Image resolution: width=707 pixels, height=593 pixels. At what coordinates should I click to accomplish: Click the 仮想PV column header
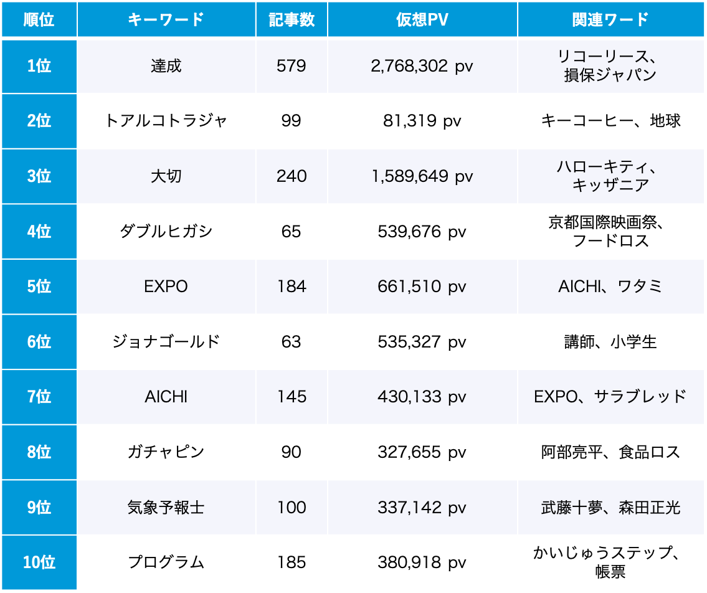(422, 19)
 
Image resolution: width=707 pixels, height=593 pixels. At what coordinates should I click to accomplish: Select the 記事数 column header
(291, 19)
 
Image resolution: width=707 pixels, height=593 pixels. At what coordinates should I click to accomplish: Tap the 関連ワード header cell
(610, 19)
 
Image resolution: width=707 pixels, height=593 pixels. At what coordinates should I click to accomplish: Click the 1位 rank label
(39, 66)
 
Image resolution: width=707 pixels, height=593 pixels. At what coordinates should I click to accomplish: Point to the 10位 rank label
(39, 562)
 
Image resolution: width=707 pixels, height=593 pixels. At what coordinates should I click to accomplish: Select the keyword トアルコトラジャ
(166, 121)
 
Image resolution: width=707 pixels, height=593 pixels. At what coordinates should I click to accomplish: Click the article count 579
(291, 66)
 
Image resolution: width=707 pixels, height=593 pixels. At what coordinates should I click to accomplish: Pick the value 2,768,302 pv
(422, 66)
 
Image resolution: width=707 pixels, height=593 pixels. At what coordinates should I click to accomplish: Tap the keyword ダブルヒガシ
(166, 232)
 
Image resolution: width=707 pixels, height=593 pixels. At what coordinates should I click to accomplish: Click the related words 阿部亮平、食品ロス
(610, 452)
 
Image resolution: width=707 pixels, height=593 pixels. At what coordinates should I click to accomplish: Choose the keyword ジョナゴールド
(166, 342)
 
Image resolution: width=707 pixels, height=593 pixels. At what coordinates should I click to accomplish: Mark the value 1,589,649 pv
(422, 176)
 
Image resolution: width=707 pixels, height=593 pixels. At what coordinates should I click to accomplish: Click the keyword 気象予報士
(166, 508)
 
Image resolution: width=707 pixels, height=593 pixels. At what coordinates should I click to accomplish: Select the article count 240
(291, 176)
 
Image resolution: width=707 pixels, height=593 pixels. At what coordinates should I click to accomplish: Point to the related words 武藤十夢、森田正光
(610, 508)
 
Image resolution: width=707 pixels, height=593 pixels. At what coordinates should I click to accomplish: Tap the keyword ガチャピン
(166, 452)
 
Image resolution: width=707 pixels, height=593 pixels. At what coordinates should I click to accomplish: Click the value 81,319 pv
(422, 121)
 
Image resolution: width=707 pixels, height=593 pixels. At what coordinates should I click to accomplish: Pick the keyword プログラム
(166, 562)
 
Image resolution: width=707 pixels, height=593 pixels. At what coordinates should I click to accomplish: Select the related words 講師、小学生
(610, 342)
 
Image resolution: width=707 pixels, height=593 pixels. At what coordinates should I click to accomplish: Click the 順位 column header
(39, 19)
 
